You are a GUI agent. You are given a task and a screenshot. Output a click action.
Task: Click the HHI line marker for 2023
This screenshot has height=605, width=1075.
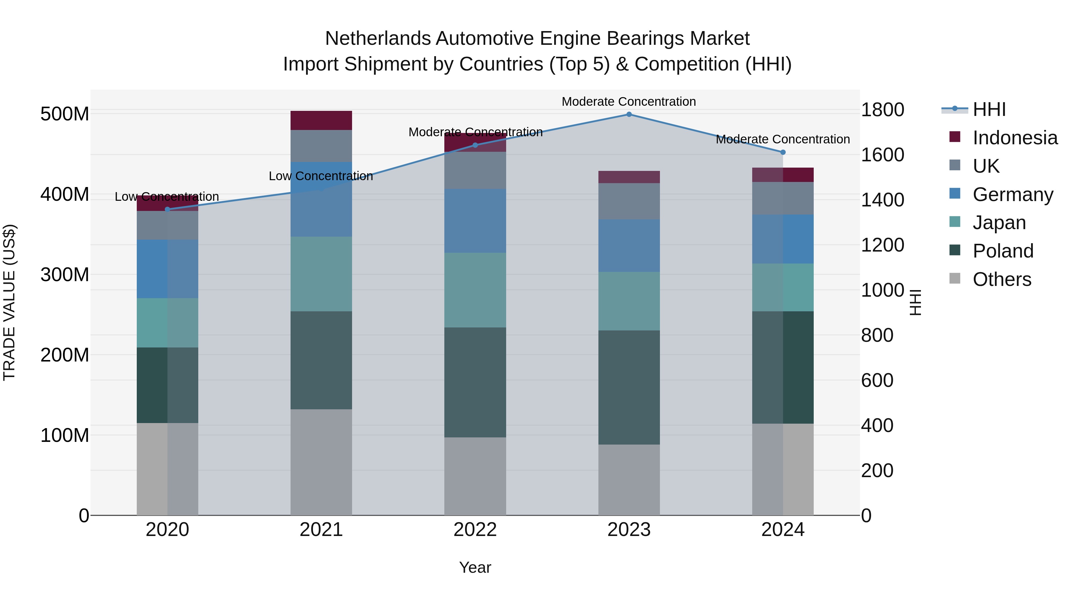click(629, 114)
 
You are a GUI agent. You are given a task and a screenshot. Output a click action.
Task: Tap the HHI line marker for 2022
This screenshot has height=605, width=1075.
click(475, 145)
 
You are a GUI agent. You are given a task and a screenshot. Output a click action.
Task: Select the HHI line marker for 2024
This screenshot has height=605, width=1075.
click(783, 152)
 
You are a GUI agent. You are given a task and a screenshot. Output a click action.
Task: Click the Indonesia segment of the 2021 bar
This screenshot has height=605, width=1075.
click(321, 121)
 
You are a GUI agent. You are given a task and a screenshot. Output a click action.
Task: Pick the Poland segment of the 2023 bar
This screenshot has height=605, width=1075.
click(629, 387)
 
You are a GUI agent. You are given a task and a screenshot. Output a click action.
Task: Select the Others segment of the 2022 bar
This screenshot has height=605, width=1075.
click(475, 477)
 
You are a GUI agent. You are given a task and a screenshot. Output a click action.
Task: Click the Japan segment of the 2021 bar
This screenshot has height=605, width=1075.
click(321, 274)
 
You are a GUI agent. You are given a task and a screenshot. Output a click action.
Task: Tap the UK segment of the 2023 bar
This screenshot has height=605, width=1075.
click(629, 201)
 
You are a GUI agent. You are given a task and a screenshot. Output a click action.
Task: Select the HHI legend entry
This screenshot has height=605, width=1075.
click(989, 109)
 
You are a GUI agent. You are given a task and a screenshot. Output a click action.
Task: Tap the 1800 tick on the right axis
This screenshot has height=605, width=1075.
click(883, 110)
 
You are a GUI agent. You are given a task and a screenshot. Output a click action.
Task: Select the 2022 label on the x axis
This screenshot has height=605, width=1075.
click(475, 530)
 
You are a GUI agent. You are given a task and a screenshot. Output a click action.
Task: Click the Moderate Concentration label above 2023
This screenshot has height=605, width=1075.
click(629, 102)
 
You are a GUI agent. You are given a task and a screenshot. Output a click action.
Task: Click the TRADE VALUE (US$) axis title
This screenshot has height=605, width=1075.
click(9, 302)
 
